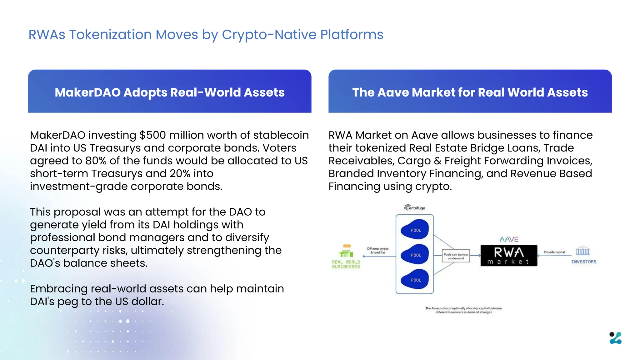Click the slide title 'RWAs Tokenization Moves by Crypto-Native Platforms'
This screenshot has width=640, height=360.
click(206, 35)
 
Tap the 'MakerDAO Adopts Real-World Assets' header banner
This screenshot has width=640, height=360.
click(170, 92)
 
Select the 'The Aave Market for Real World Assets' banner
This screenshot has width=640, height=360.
click(470, 92)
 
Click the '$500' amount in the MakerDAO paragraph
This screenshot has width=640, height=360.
click(152, 135)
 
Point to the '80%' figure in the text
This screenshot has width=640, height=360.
click(96, 161)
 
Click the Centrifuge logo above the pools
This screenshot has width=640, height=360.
click(415, 208)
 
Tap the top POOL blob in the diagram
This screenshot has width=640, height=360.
click(415, 230)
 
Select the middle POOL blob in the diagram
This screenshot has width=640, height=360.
click(415, 255)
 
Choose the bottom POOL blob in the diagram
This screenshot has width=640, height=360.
click(415, 280)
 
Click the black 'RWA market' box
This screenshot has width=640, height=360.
click(508, 256)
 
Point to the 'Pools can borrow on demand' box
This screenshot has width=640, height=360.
click(456, 256)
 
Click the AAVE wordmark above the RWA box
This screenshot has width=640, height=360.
click(509, 239)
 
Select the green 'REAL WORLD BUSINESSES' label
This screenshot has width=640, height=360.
click(346, 264)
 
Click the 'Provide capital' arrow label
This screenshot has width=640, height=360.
click(554, 252)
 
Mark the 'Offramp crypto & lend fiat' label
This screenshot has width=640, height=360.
click(377, 250)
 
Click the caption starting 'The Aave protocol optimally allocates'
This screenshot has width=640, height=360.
click(463, 310)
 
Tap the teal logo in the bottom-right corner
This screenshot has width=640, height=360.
click(615, 338)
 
